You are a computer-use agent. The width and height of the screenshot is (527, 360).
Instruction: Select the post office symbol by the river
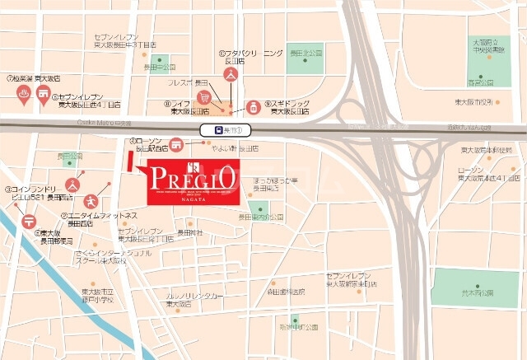29,219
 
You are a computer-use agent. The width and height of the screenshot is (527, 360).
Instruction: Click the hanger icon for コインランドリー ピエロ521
72,183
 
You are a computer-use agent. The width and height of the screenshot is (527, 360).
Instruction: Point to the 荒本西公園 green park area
475,288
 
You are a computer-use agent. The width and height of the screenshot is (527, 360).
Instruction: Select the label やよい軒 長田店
235,148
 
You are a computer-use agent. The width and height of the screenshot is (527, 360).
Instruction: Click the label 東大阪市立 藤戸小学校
102,297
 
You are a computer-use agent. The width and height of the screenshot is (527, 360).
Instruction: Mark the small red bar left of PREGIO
131,162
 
